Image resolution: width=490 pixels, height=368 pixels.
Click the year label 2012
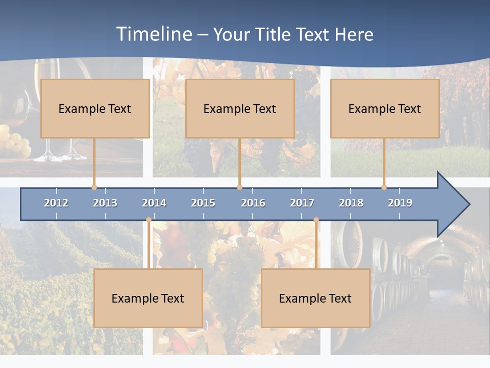point(56,203)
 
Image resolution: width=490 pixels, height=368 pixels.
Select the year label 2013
point(105,203)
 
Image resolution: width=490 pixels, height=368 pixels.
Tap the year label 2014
point(154,203)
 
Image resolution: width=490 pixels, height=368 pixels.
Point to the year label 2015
point(203,203)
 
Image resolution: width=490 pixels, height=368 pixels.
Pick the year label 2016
point(253,203)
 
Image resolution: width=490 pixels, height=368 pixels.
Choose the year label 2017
point(302,203)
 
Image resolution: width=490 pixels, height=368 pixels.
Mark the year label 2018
point(351,203)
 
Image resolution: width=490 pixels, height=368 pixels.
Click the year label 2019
point(400,203)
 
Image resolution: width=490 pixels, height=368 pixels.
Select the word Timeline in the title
point(154,34)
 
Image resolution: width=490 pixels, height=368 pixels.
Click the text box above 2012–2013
point(95,108)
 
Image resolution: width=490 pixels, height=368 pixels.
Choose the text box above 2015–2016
point(240,108)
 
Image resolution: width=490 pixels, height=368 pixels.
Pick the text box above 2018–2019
point(385,108)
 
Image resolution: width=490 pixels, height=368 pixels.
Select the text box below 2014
point(148,298)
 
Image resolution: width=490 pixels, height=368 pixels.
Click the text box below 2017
point(315,298)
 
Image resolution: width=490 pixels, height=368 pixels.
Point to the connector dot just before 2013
point(94,187)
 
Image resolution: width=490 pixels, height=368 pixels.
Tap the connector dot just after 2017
point(316,220)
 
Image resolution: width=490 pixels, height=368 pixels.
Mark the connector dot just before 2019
point(384,187)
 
